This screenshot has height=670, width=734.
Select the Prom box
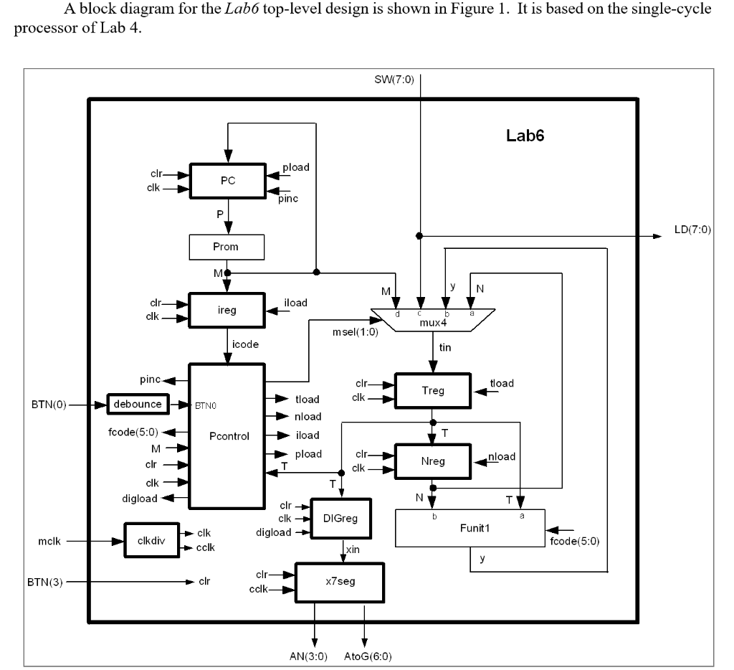coord(227,247)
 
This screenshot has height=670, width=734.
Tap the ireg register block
coord(227,309)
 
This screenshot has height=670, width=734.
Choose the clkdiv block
coord(146,541)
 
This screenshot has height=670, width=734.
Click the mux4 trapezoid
coord(432,319)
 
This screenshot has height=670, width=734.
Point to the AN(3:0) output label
coord(314,656)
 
